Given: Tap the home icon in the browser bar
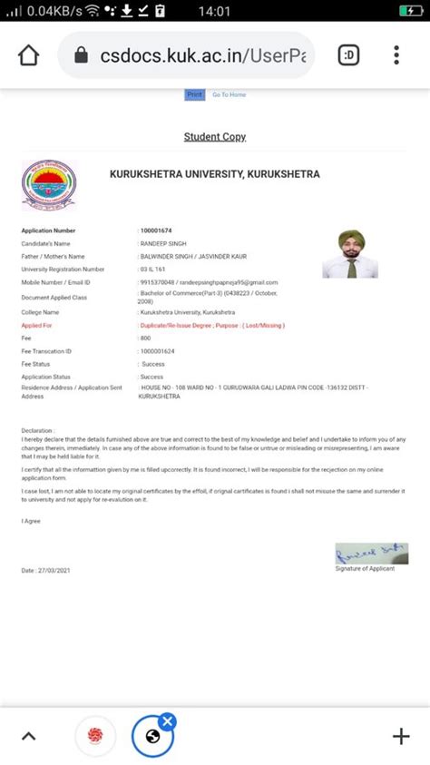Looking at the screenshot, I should coord(28,55).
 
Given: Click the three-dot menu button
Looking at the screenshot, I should coord(396,55).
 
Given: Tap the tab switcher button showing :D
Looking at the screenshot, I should coord(348,55).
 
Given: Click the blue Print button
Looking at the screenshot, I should coord(194,94).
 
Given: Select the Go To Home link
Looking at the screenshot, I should coord(229,94).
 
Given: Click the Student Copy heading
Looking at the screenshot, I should coord(215,137).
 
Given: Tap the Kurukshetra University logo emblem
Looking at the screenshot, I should coord(49,185).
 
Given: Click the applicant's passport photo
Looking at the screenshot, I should coord(350,253).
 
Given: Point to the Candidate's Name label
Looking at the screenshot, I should coord(45,244).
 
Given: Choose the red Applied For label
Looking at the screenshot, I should coord(37,324).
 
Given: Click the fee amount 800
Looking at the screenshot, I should coord(145,338).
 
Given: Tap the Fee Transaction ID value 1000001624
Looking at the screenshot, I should coord(157,350).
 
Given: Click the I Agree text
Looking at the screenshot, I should coord(31,521).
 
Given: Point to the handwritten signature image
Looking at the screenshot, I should coord(371,552).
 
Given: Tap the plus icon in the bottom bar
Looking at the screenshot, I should coord(400,736).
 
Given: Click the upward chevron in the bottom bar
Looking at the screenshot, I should coord(28,736).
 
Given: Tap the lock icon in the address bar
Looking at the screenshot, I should coord(81,55).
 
